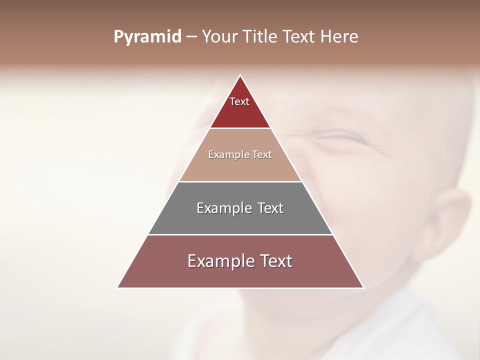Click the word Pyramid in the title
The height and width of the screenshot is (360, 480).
pyautogui.click(x=147, y=37)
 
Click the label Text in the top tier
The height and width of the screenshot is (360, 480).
pyautogui.click(x=239, y=101)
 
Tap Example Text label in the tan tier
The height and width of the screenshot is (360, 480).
pyautogui.click(x=240, y=154)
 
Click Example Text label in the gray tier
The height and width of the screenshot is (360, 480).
pyautogui.click(x=240, y=208)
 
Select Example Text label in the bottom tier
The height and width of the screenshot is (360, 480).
pyautogui.click(x=240, y=261)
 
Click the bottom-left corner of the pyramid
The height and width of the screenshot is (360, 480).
pyautogui.click(x=118, y=287)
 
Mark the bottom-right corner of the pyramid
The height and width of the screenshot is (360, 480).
pyautogui.click(x=363, y=287)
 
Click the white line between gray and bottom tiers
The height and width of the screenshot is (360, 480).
pyautogui.click(x=240, y=234)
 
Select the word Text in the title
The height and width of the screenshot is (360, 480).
pyautogui.click(x=299, y=37)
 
